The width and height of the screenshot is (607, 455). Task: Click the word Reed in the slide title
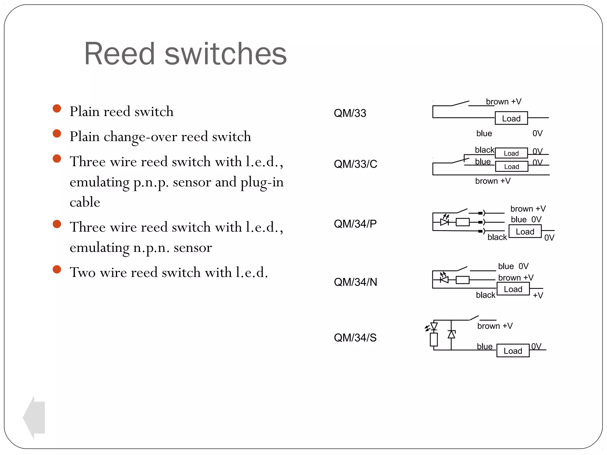(x=119, y=54)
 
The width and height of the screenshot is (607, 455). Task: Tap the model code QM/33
(x=350, y=113)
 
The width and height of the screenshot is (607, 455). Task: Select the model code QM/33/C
(x=355, y=164)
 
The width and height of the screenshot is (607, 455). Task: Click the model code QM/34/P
(x=355, y=224)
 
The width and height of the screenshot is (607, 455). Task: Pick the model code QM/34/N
(x=355, y=282)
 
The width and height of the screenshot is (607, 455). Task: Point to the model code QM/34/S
(x=355, y=338)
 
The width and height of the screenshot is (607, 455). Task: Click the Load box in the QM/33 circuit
(x=511, y=118)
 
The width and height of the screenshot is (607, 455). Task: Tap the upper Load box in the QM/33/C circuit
(x=511, y=153)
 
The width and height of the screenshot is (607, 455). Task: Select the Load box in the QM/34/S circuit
(x=513, y=351)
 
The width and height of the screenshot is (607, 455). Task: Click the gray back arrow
(x=35, y=417)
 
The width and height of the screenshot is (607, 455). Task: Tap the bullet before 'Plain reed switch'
(x=57, y=108)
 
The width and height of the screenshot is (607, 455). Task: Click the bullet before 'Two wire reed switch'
(x=57, y=269)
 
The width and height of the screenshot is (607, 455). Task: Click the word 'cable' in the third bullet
(x=85, y=202)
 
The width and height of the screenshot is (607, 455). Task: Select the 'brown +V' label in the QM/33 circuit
(x=503, y=102)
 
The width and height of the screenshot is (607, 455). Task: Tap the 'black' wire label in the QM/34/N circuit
(x=485, y=295)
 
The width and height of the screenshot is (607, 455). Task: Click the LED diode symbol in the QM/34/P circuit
(x=444, y=222)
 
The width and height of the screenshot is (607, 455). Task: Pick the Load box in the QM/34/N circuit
(x=513, y=289)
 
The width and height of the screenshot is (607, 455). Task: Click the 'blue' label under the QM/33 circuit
(x=484, y=134)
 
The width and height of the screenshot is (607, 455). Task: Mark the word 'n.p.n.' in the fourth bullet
(x=151, y=248)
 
